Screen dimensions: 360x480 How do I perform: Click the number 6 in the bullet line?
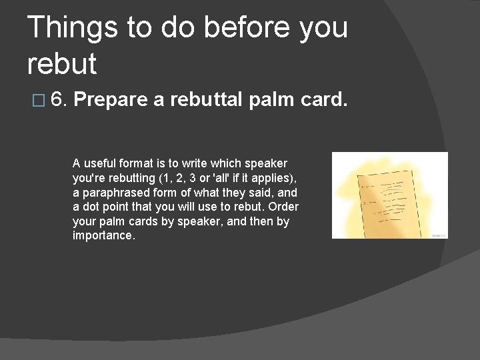(57, 100)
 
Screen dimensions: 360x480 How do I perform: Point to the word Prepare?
(110, 101)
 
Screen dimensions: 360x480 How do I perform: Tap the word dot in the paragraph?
(91, 207)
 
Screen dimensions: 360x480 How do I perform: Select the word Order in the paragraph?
(283, 207)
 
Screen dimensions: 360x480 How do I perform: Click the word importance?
(103, 237)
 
